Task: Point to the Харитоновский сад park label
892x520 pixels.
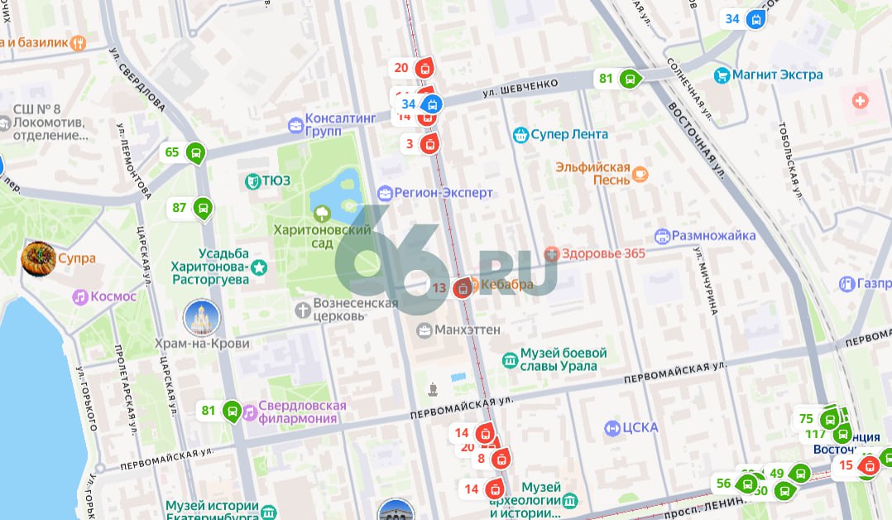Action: [323, 236]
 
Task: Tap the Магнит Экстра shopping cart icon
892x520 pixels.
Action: [722, 75]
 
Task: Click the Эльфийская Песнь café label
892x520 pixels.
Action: [593, 173]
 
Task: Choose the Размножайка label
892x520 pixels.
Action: [712, 235]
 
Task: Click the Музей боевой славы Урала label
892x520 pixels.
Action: [563, 359]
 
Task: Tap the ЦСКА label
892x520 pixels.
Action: [642, 427]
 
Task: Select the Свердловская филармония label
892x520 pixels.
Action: [301, 412]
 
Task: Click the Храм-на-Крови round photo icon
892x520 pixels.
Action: [201, 319]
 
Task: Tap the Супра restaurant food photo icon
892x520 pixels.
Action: [38, 258]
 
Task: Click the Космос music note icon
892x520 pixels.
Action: [80, 296]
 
